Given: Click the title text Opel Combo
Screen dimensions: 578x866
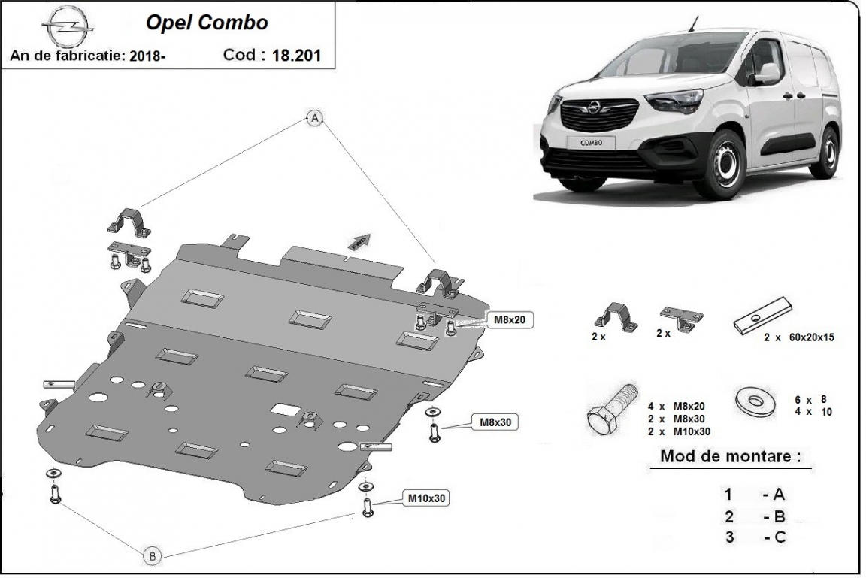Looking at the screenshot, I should pos(206,23).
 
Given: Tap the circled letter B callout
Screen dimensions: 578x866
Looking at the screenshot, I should pos(153,555).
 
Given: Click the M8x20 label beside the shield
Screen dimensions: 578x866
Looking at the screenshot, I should pos(508,319).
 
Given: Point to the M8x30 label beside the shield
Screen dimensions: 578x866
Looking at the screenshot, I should pos(495,422).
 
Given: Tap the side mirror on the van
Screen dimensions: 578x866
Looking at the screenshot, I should pos(767,74).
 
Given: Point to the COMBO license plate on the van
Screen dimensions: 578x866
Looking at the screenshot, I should pos(592,141).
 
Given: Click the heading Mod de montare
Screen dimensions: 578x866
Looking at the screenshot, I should pos(730,456).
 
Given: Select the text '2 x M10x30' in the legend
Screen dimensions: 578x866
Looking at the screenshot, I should pos(678,431).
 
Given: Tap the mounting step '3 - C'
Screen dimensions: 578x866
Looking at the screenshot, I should pos(755,537).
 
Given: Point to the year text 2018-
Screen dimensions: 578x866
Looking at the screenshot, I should pos(147,56).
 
